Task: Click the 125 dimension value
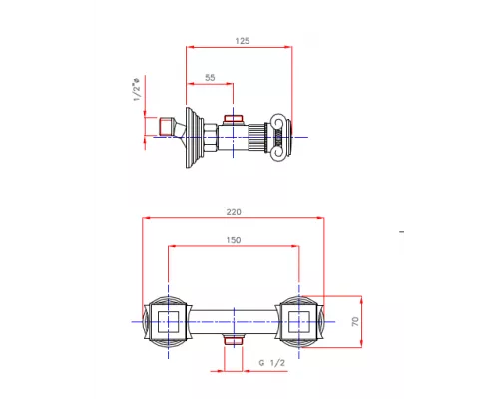(x=243, y=41)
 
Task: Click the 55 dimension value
(x=210, y=77)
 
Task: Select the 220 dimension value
(x=235, y=211)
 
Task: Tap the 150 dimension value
(x=235, y=240)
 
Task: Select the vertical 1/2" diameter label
(x=136, y=90)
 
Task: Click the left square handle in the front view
(x=167, y=321)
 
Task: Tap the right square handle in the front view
(x=300, y=321)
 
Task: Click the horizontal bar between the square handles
(x=234, y=321)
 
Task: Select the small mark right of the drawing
(x=402, y=233)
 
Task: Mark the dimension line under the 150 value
(x=235, y=247)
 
